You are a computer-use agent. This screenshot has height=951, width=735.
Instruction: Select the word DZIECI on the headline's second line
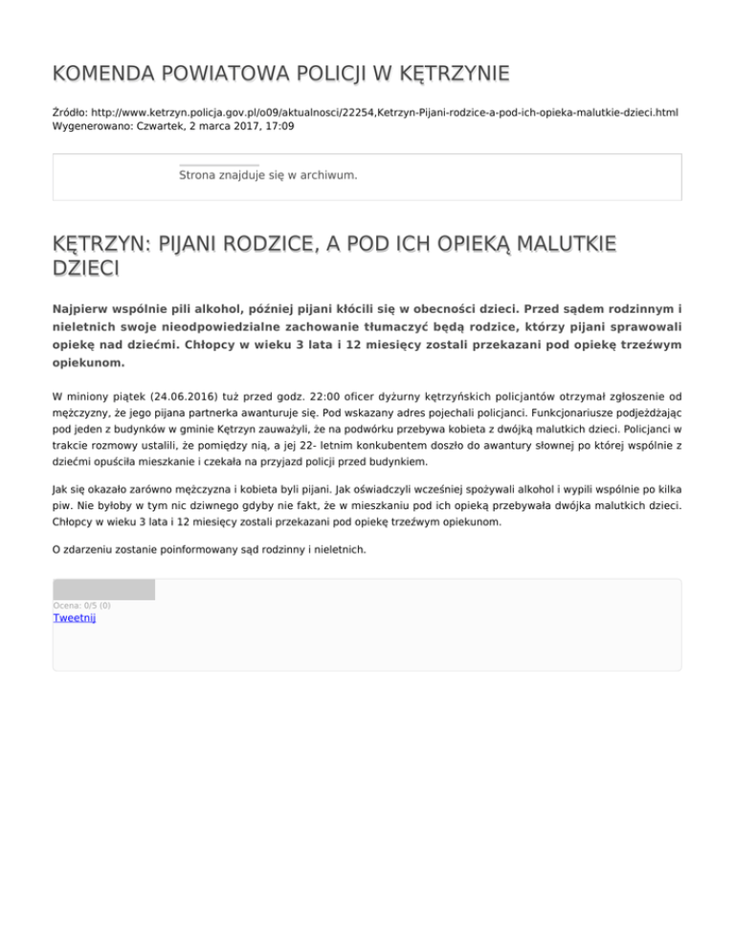[x=86, y=269]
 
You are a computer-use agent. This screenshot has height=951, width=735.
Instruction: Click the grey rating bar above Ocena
[x=103, y=589]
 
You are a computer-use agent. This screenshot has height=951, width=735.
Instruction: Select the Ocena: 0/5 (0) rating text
[x=81, y=605]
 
